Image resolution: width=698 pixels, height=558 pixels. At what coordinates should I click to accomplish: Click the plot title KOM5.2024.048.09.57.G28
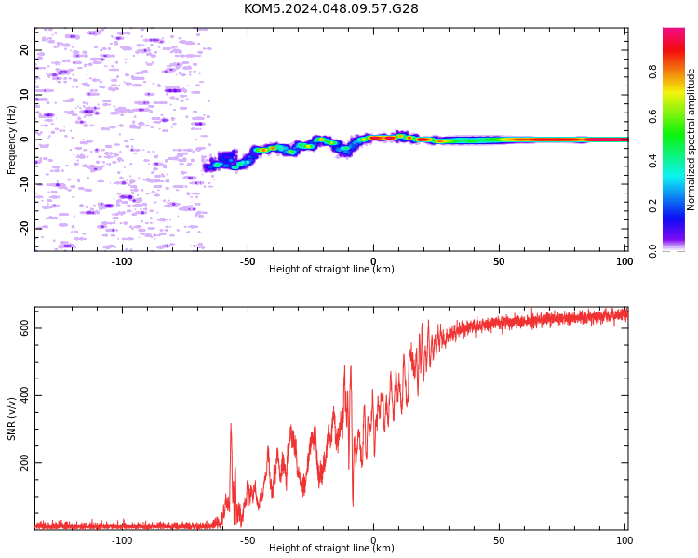click(330, 8)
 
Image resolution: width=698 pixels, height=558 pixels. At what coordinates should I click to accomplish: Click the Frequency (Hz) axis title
click(11, 139)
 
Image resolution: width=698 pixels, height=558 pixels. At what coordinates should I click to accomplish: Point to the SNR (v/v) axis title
click(11, 418)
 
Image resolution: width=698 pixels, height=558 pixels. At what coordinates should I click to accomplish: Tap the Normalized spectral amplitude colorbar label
click(691, 139)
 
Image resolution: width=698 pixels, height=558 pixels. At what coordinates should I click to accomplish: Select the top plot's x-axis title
click(331, 269)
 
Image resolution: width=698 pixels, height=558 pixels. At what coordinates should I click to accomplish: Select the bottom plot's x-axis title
click(331, 548)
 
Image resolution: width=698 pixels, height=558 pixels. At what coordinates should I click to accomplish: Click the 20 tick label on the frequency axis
click(24, 50)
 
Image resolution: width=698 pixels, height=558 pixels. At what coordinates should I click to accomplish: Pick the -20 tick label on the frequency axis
click(24, 229)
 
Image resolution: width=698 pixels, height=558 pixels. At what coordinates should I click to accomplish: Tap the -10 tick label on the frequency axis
click(24, 184)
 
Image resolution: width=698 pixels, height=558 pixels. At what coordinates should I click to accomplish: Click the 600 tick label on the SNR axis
click(24, 328)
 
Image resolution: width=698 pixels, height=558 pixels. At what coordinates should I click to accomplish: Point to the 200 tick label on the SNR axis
click(24, 463)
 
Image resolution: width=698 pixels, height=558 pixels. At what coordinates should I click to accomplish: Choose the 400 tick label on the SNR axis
click(24, 395)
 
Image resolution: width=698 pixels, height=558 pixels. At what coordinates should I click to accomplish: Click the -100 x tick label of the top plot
click(122, 261)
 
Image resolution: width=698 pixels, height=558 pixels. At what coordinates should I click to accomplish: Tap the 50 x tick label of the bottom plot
click(499, 540)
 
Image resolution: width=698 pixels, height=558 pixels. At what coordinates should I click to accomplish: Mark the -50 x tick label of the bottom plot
click(248, 540)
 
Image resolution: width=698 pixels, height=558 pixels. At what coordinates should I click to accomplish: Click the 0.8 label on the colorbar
click(652, 72)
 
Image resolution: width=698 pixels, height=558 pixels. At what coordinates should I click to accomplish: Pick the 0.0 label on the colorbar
click(652, 251)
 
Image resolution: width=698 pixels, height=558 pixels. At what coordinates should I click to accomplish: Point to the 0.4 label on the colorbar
click(652, 161)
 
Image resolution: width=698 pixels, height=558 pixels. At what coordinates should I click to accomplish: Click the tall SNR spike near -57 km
click(231, 424)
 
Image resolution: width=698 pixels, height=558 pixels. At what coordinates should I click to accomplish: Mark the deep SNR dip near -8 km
click(353, 505)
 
